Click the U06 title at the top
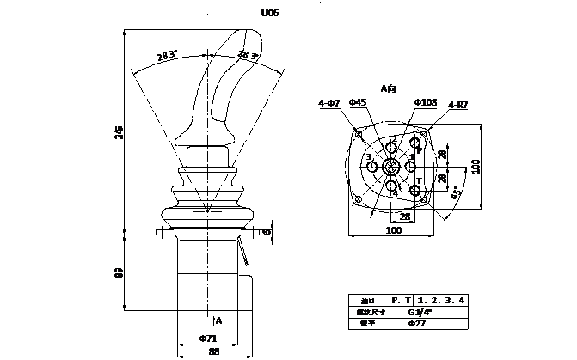point(269,14)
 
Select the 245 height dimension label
point(120,131)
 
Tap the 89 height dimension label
point(120,272)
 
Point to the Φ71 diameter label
point(207,338)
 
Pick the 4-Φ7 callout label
point(328,104)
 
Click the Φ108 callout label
point(425,103)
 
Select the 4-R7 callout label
point(457,104)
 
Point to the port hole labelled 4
point(392,186)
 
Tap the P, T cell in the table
point(401,300)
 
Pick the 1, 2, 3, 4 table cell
point(444,300)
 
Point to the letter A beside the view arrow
point(218,320)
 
